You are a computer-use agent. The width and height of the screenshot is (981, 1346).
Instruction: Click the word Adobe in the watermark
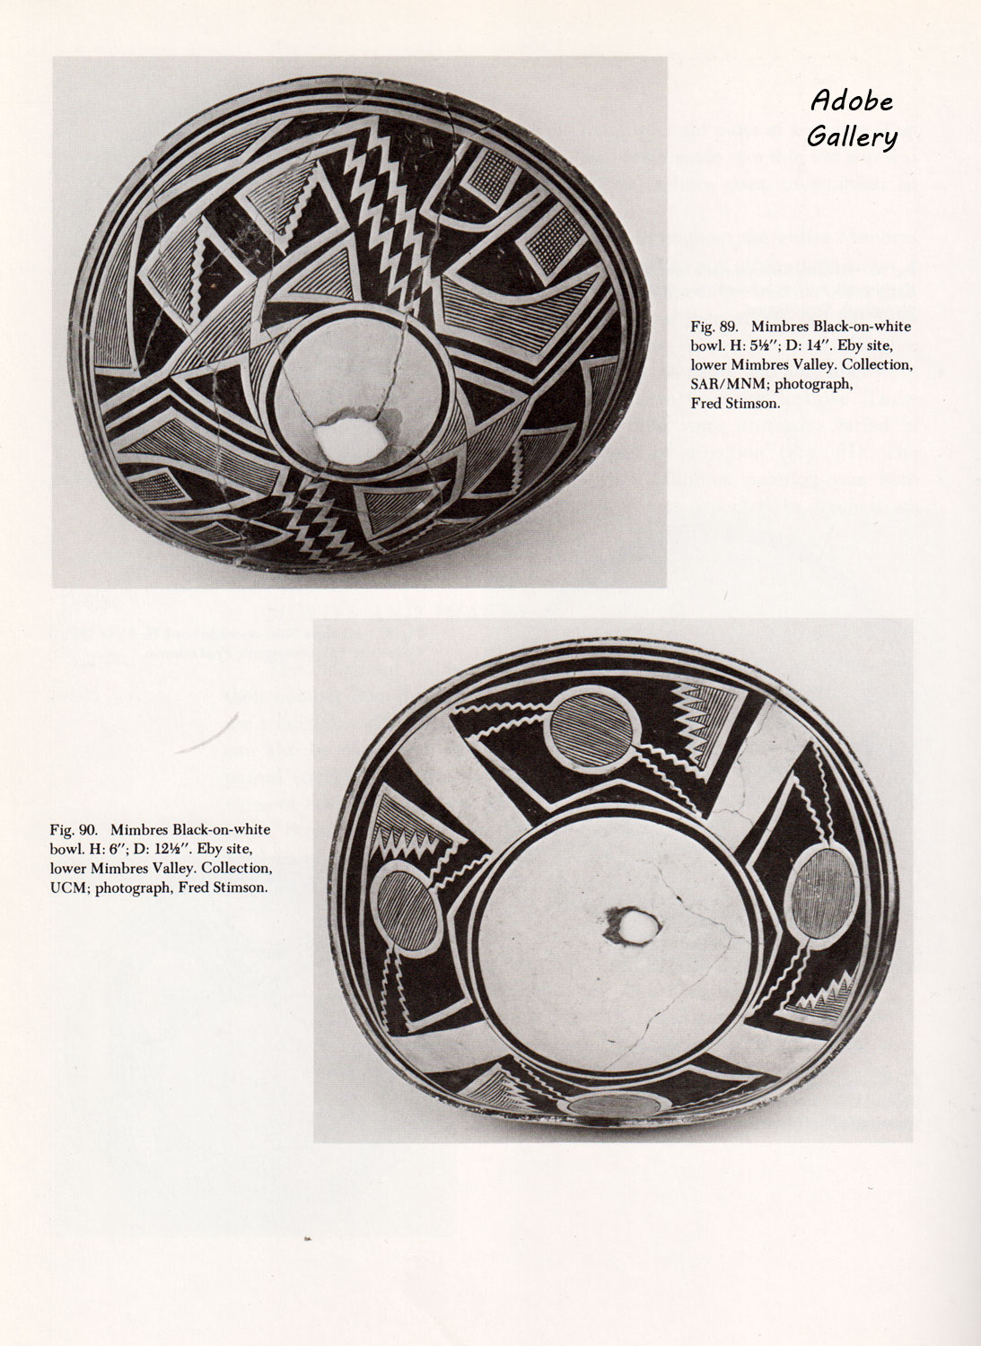point(851,101)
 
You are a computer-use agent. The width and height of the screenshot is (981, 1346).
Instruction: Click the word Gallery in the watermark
point(852,136)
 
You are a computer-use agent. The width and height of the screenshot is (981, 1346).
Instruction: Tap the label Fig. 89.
point(714,327)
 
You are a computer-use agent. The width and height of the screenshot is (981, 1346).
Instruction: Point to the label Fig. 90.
point(73,829)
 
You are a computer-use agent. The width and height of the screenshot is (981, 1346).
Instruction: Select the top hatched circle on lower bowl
point(591,730)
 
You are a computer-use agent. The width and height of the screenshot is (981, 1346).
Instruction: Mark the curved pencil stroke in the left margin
point(207,734)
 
